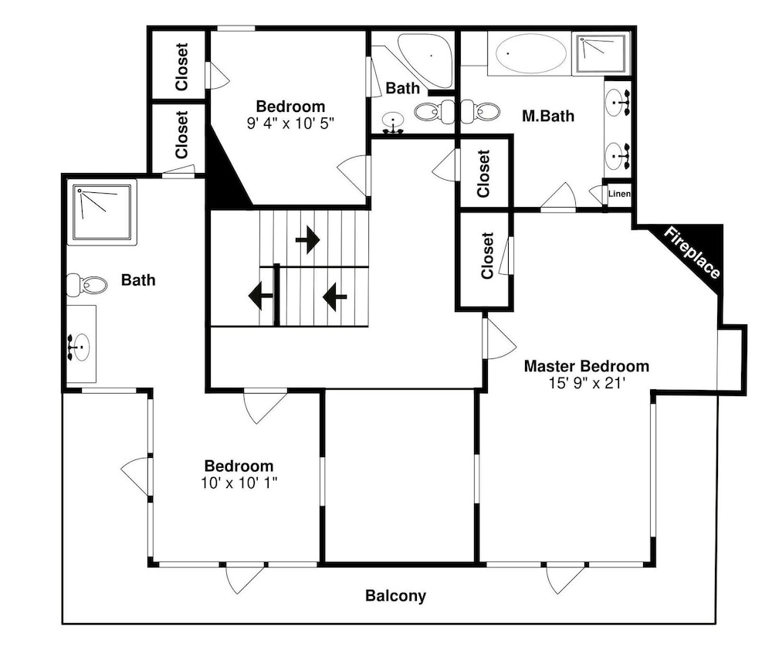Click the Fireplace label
click(x=692, y=252)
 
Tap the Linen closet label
click(x=619, y=194)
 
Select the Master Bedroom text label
click(x=587, y=366)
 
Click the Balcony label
click(x=395, y=596)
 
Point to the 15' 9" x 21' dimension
click(x=587, y=383)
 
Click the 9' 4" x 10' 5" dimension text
click(x=290, y=123)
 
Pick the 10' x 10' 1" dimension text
click(x=239, y=483)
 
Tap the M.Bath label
click(x=548, y=117)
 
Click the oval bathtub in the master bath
click(x=531, y=53)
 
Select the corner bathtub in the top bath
click(x=425, y=58)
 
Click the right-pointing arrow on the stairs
click(x=308, y=240)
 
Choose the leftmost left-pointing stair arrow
click(x=261, y=296)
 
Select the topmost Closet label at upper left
click(x=181, y=66)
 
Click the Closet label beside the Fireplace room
click(x=487, y=256)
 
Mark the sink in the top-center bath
click(x=394, y=123)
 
